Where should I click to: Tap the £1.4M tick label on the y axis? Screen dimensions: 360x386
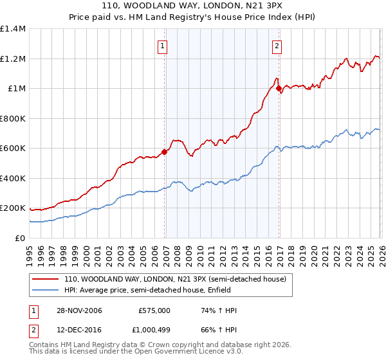[13, 29]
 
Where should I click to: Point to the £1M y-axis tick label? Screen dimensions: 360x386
[15, 89]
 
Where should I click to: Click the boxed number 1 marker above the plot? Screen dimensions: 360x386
[163, 46]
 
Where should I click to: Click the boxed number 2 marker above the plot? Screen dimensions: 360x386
[277, 46]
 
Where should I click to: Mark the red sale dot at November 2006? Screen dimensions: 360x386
[164, 152]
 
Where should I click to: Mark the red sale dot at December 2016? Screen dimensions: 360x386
[279, 89]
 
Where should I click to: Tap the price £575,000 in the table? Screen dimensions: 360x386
[154, 310]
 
